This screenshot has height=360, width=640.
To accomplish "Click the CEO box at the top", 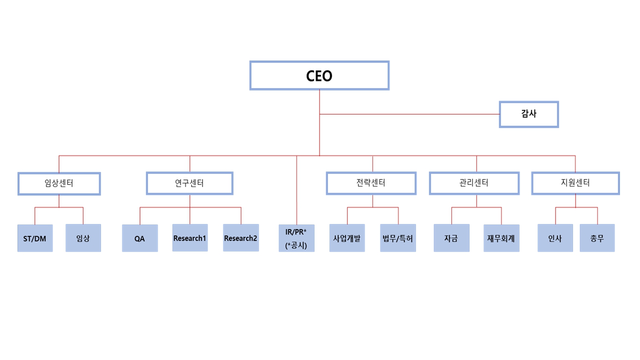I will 319,75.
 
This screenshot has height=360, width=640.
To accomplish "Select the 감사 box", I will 528,114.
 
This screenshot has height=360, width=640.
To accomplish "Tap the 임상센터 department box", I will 59,183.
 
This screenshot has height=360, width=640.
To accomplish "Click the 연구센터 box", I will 189,183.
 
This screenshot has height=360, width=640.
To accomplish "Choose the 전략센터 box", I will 371,183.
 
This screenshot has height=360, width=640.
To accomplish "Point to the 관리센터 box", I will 474,183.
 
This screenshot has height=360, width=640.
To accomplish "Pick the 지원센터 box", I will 575,183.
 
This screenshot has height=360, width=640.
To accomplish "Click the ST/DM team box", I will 35,238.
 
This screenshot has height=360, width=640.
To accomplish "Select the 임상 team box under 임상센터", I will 83,238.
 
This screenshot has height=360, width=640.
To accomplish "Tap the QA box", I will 140,238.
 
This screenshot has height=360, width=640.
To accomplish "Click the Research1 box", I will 190,238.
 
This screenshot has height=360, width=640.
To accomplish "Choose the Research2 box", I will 241,238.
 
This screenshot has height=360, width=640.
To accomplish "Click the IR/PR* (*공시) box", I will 296,238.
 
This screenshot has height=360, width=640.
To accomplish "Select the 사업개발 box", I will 347,238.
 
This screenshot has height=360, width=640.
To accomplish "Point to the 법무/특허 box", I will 398,238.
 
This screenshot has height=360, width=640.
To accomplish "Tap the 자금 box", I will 451,238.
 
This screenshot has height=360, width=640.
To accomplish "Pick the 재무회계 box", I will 501,238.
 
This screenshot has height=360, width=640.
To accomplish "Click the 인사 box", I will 555,238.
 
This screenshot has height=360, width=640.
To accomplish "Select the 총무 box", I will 597,238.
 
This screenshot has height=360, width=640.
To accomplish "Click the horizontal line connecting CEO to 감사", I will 410,114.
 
